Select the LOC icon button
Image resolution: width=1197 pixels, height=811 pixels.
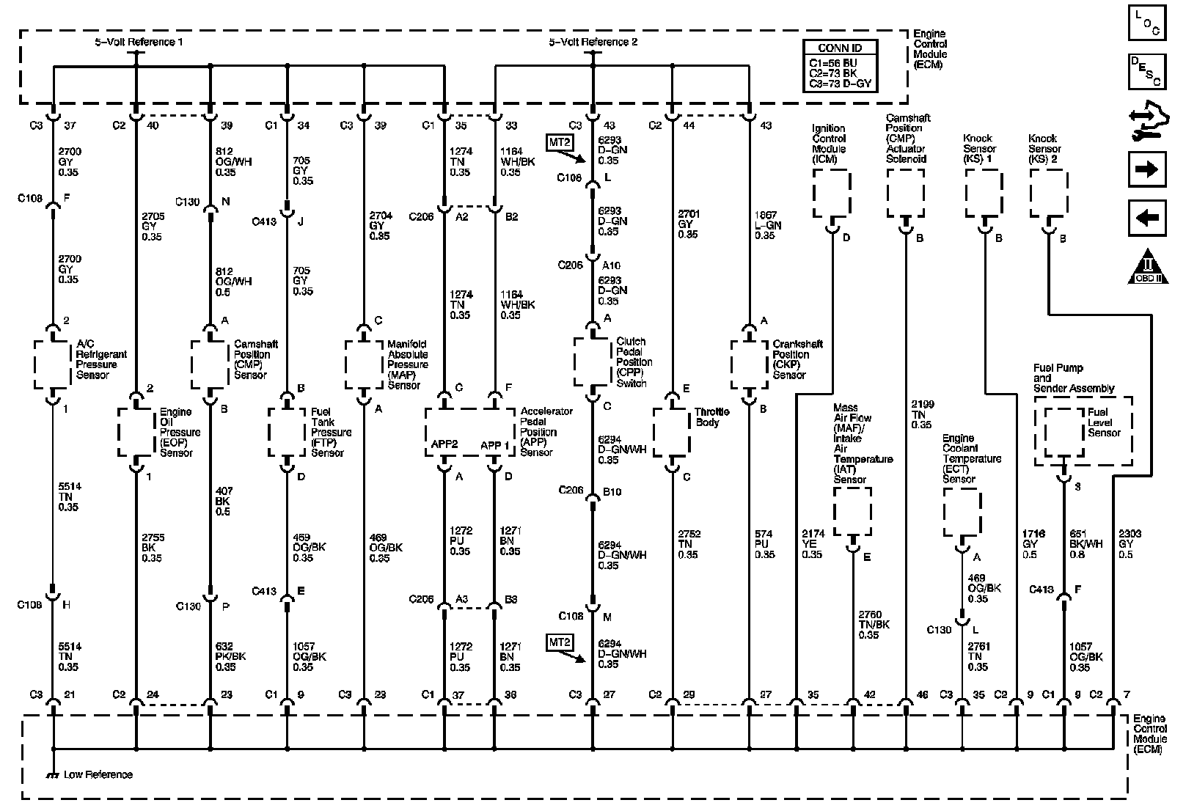coord(1146,23)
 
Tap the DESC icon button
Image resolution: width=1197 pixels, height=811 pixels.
coord(1146,70)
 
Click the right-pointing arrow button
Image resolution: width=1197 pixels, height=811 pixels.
coord(1146,170)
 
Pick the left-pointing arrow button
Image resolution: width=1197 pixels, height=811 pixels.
coord(1146,218)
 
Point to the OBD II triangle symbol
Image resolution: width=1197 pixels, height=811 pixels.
coord(1148,268)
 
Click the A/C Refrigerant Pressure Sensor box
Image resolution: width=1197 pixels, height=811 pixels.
coord(53,364)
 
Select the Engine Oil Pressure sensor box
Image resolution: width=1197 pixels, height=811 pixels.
coord(136,432)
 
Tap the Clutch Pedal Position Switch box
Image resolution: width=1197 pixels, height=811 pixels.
coord(593,362)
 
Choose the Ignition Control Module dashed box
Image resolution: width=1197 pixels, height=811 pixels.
coord(832,194)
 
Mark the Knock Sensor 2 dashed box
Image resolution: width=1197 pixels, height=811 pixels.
coord(1049,194)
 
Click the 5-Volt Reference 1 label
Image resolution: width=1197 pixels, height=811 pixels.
coord(139,42)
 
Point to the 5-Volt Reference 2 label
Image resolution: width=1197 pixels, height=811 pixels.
coord(593,42)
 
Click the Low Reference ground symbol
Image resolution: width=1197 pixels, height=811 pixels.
coord(52,774)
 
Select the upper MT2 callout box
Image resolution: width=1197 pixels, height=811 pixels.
coord(558,142)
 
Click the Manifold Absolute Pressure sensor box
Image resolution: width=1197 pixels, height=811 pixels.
coord(364,364)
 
